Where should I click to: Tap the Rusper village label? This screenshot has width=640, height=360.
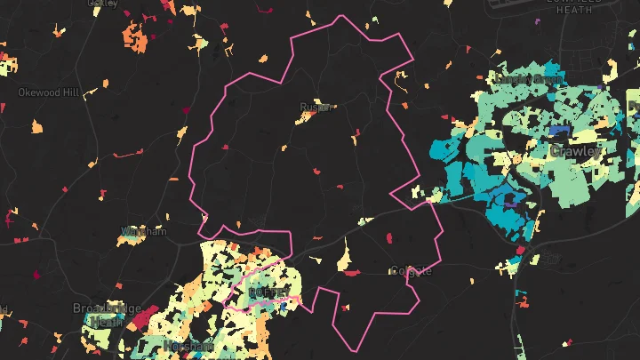(316, 107)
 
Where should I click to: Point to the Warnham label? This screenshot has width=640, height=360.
(144, 232)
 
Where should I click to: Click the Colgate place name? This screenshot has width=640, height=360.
(412, 270)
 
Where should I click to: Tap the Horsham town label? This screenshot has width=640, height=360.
(188, 346)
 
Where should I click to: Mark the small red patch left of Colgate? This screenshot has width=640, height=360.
(351, 273)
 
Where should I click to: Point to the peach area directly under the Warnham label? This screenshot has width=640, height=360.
(125, 240)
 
